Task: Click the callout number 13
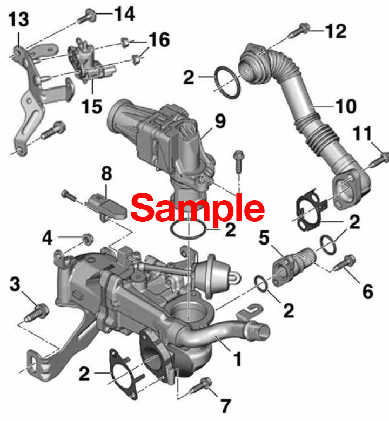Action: click(x=18, y=19)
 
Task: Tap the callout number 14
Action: click(x=124, y=14)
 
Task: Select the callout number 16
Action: click(x=159, y=40)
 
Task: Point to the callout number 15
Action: click(x=92, y=106)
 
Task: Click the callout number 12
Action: click(x=336, y=31)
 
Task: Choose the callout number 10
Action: click(x=346, y=106)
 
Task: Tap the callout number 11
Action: click(x=363, y=133)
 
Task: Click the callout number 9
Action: click(x=220, y=121)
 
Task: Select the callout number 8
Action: click(x=107, y=173)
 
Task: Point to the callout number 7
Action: click(x=226, y=405)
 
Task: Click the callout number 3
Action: click(x=15, y=284)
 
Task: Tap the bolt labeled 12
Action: click(x=299, y=31)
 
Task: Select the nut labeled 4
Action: click(x=88, y=239)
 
